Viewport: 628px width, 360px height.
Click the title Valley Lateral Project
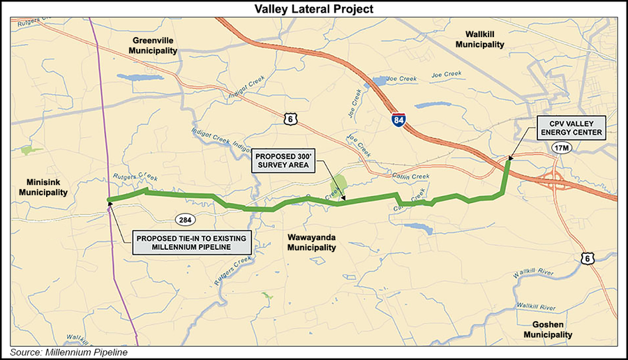314,8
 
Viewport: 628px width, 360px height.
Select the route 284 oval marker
185,220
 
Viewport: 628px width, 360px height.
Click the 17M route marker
560,148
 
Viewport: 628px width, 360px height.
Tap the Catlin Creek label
410,177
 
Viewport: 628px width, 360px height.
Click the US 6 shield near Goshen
588,260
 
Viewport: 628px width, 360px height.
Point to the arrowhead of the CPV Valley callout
508,160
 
